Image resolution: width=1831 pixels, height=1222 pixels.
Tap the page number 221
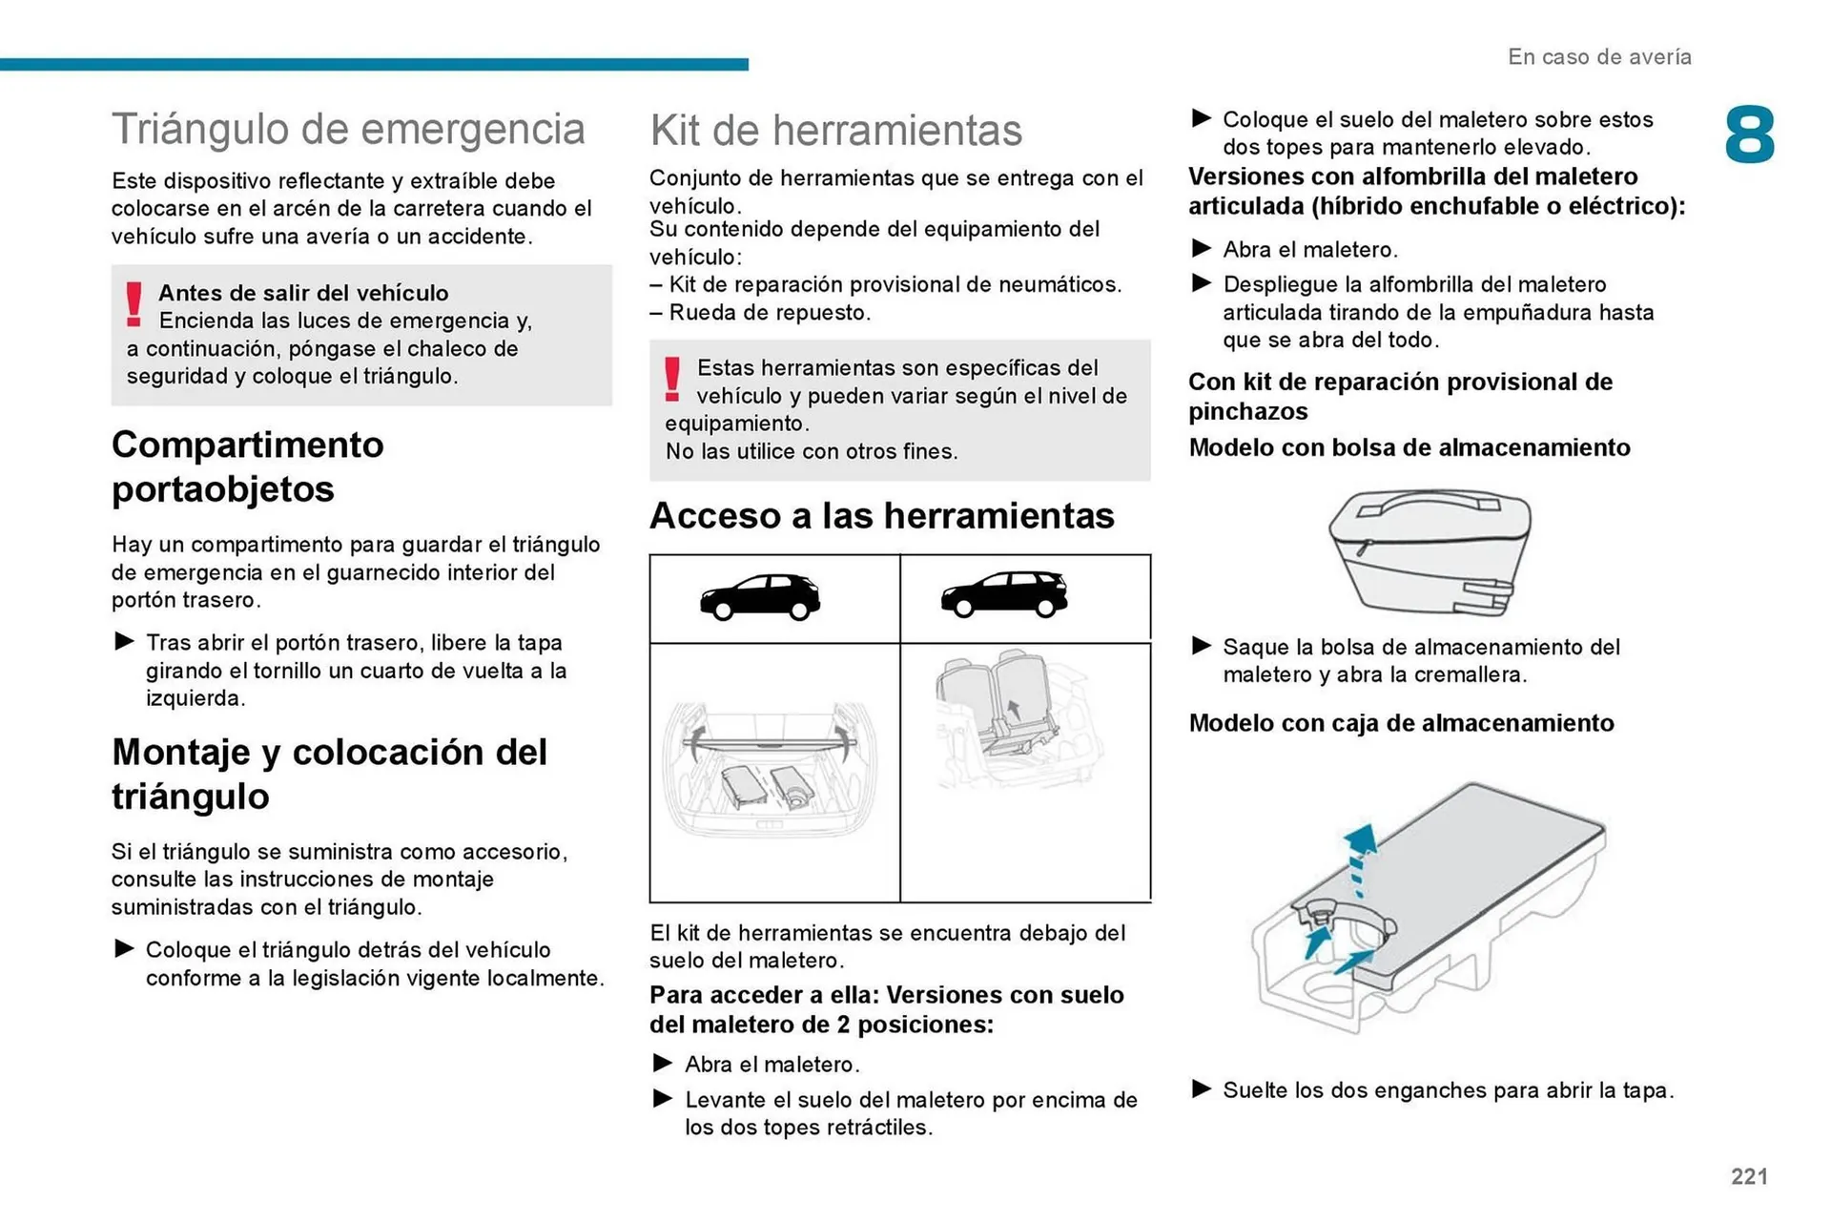coord(1749,1176)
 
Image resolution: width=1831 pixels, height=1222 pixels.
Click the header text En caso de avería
coord(1599,57)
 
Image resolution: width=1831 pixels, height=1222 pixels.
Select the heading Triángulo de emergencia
coord(348,130)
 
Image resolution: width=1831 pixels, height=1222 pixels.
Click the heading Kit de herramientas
coord(835,131)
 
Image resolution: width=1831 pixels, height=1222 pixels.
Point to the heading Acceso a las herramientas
coord(881,516)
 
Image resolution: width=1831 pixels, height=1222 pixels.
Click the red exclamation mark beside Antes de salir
coord(134,304)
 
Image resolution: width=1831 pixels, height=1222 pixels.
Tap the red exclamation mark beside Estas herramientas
coord(672,379)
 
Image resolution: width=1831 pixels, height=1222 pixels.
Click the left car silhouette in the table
coord(760,598)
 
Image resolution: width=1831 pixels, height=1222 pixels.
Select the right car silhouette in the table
coord(1004,595)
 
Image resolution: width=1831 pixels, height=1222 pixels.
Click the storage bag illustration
coord(1430,552)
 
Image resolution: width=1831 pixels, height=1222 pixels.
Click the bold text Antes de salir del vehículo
coord(303,293)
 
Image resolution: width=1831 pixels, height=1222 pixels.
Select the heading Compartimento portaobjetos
coord(248,466)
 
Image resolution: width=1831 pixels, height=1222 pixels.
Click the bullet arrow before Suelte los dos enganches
coord(1202,1088)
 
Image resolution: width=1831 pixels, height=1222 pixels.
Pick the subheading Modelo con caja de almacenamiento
coord(1401,723)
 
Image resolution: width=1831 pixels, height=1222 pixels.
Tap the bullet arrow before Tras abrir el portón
coord(124,641)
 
